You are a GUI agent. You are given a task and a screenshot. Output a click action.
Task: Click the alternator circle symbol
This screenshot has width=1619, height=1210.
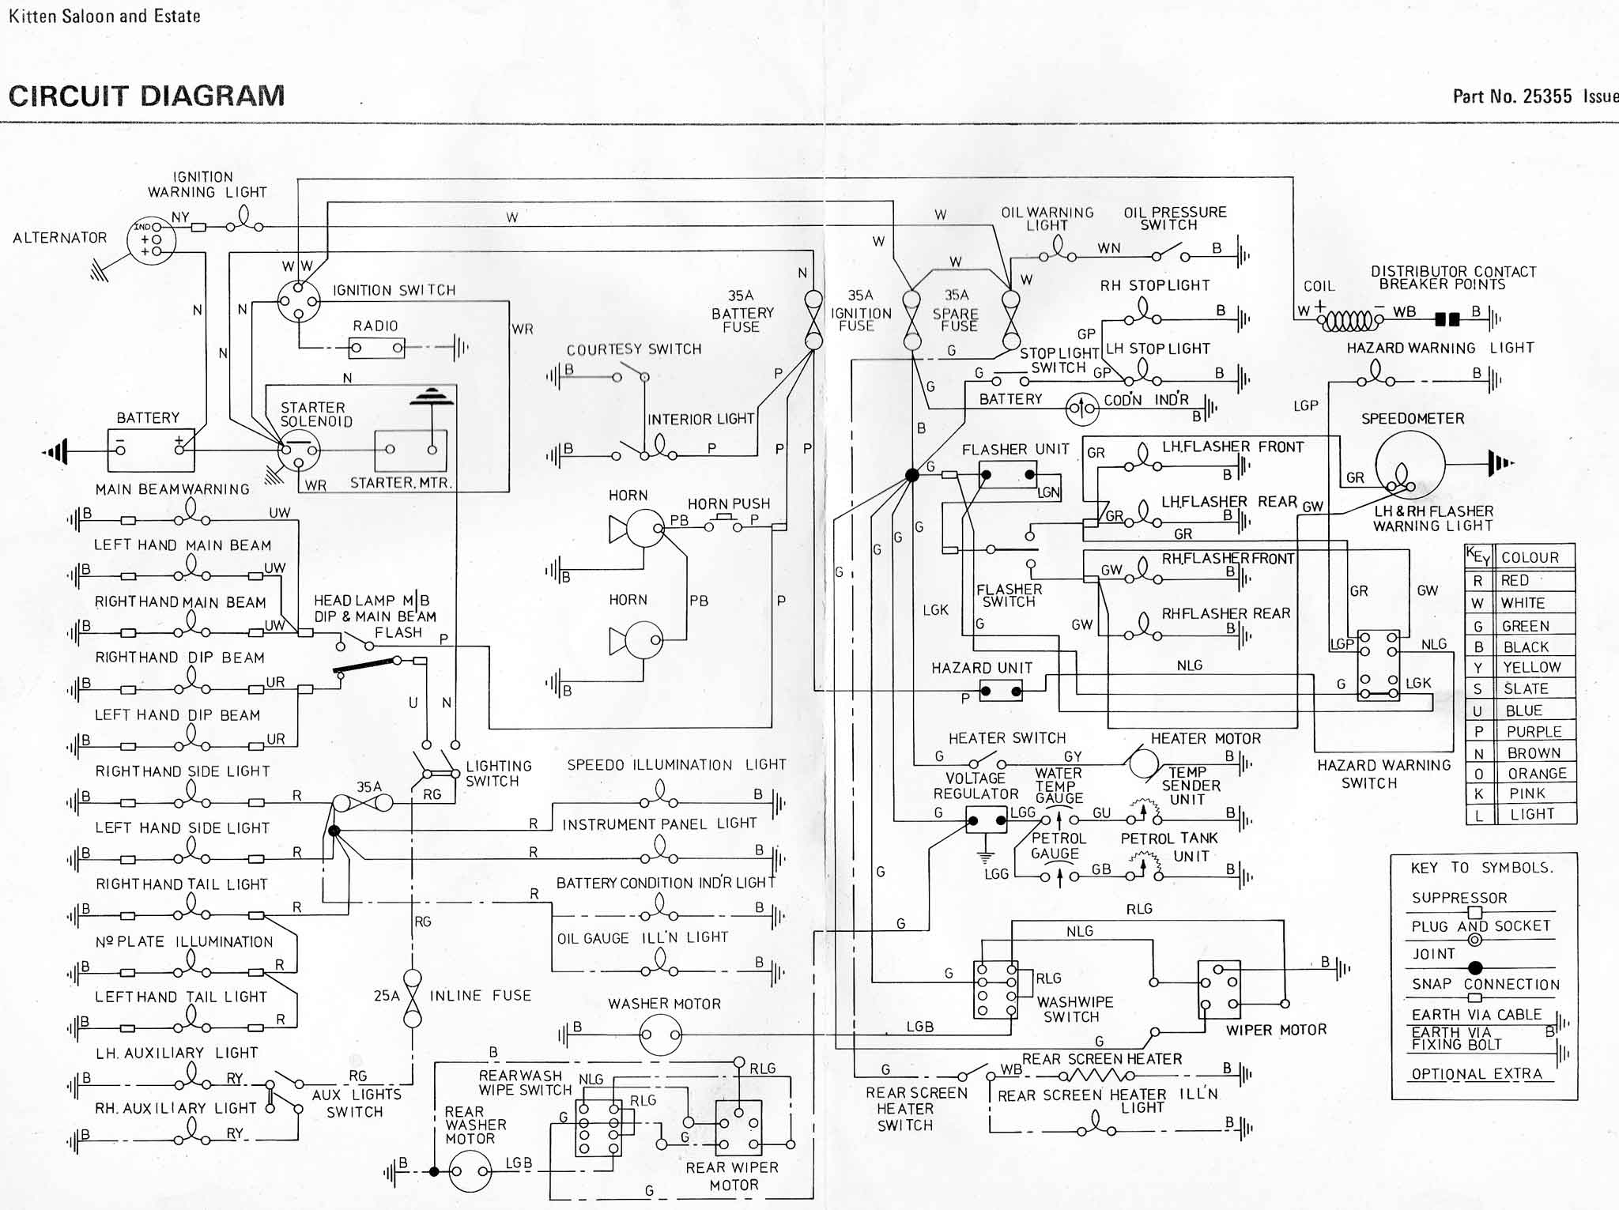[x=151, y=240]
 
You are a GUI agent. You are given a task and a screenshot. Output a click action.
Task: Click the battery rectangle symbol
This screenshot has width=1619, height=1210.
[x=150, y=450]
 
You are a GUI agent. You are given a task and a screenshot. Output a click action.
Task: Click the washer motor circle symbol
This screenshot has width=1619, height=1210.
[x=660, y=1035]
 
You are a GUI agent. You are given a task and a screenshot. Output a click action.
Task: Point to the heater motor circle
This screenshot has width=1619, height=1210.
[x=1142, y=764]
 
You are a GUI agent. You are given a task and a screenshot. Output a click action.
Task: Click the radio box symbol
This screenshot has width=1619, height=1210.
[x=377, y=348]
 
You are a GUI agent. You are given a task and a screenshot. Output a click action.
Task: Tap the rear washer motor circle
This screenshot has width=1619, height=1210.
[x=470, y=1171]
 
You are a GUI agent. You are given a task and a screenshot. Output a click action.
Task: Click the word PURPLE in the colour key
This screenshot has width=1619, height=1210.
[x=1534, y=732]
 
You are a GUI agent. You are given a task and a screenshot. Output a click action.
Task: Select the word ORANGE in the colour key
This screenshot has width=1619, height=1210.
[x=1536, y=774]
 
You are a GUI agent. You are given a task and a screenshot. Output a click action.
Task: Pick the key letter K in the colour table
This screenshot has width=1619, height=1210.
[x=1478, y=794]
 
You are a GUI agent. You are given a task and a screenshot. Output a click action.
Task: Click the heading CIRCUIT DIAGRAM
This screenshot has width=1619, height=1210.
[x=146, y=96]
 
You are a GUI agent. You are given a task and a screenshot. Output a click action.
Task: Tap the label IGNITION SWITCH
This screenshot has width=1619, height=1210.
[x=394, y=290]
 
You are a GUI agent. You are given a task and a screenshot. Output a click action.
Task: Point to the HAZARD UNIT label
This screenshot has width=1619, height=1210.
[x=981, y=668]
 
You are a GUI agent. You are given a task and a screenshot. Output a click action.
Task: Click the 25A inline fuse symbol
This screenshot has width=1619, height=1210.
[x=412, y=998]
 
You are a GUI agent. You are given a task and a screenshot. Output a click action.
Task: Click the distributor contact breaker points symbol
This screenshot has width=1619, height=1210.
[x=1447, y=319]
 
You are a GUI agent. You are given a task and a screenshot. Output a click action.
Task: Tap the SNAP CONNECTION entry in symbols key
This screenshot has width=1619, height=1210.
[x=1485, y=985]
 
